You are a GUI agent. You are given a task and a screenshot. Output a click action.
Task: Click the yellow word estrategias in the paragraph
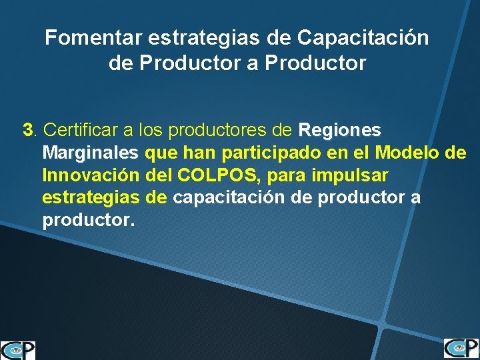91,198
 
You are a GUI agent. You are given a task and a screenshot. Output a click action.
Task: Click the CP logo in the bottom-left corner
18,350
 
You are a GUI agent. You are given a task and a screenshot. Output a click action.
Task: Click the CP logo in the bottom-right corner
461,348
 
